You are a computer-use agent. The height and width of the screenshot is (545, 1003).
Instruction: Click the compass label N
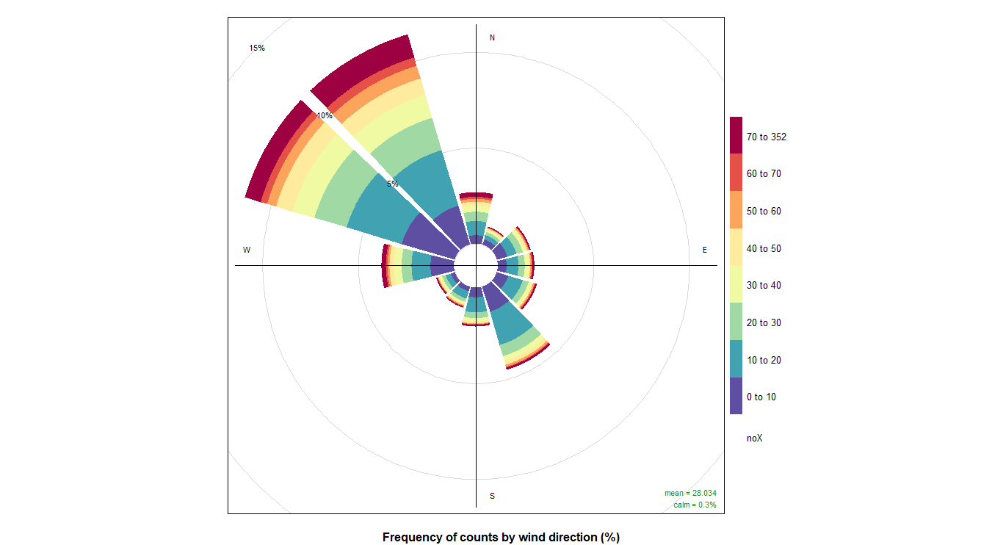click(492, 37)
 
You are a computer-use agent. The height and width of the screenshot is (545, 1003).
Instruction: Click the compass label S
click(492, 496)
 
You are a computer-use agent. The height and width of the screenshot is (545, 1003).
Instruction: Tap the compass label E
click(705, 250)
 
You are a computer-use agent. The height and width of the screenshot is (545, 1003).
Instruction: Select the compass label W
click(247, 250)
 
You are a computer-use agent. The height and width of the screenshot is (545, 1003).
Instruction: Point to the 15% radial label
click(256, 48)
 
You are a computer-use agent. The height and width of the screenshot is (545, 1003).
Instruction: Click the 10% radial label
click(324, 115)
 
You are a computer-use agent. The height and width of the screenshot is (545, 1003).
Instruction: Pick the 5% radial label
click(393, 184)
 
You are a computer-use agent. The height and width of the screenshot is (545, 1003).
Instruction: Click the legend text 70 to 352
click(767, 137)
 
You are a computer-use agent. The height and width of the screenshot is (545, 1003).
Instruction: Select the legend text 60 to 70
click(764, 174)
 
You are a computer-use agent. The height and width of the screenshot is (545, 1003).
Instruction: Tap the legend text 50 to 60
click(764, 212)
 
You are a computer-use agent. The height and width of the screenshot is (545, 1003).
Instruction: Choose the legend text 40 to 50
click(764, 248)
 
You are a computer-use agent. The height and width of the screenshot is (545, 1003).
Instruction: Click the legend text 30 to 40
click(764, 286)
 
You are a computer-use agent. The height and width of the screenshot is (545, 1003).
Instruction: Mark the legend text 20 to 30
click(764, 323)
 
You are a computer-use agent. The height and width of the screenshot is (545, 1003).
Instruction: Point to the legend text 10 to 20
click(764, 360)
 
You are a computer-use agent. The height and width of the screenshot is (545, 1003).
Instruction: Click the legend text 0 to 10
click(761, 397)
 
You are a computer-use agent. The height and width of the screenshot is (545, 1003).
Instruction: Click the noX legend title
click(754, 438)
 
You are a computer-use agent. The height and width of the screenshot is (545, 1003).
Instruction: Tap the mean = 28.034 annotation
click(690, 493)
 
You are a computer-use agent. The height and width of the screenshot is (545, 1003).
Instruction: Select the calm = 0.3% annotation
click(695, 505)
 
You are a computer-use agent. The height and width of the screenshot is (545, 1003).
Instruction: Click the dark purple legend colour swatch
click(736, 397)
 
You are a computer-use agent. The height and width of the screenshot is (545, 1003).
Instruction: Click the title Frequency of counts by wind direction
click(501, 537)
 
